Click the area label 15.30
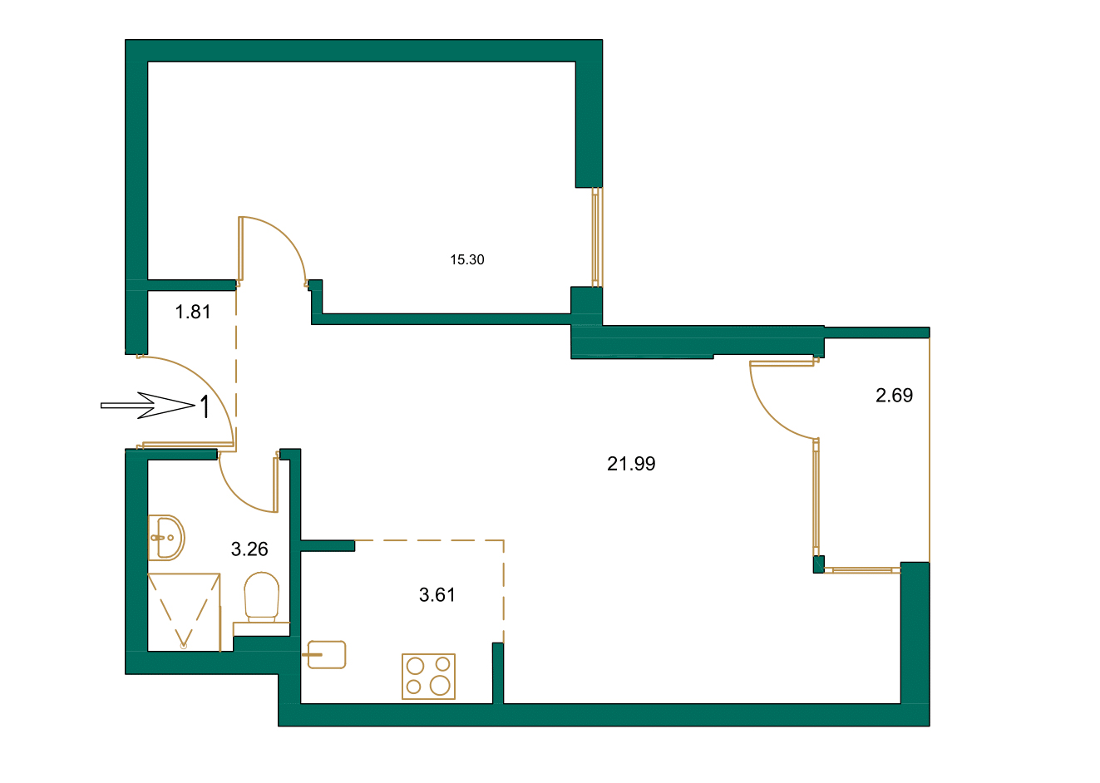[x=466, y=259]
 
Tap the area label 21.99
[x=631, y=464]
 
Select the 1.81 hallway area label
[x=193, y=312]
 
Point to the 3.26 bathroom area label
[x=249, y=549]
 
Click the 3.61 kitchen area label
[x=437, y=594]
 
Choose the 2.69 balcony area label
[x=894, y=396]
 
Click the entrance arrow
[x=146, y=406]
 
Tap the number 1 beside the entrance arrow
[x=203, y=407]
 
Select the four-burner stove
[x=428, y=676]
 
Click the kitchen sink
[x=326, y=654]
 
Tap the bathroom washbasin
[x=166, y=538]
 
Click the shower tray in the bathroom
[x=184, y=611]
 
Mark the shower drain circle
[x=184, y=644]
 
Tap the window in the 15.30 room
[x=597, y=237]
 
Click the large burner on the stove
[x=440, y=686]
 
